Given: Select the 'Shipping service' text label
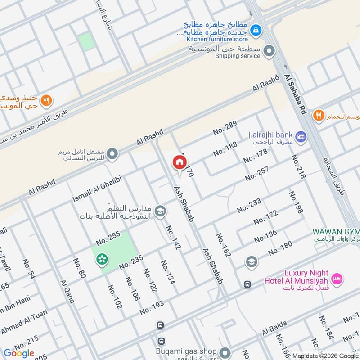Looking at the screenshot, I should pos(238,56).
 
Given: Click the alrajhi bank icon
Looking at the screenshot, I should pos(301,135).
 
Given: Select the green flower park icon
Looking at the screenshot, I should pos(102,259).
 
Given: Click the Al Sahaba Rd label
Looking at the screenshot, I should pos(295,95).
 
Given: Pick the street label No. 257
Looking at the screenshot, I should pos(257,174).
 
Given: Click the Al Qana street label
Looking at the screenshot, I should pos(67,291).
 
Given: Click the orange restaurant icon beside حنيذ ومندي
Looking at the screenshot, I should pos(46,101).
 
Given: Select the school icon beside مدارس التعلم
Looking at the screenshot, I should pos(160,211).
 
